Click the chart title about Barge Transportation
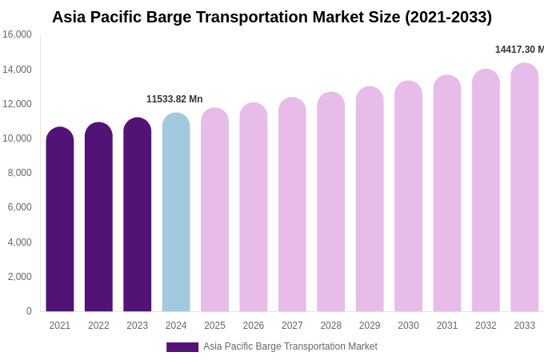point(272,17)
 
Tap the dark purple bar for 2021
point(60,219)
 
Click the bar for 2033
point(524,187)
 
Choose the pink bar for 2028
point(330,202)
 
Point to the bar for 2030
point(408,196)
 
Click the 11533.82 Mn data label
point(174,99)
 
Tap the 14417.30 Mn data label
point(519,50)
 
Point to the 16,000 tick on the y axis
point(17,34)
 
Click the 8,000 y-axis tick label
point(19,173)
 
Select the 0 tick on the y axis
point(29,311)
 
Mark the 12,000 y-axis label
point(17,104)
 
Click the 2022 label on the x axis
point(98,326)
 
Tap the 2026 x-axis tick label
point(254,326)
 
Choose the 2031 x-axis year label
point(447,326)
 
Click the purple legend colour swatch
point(182,347)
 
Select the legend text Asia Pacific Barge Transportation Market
point(290,346)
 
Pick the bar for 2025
point(214,210)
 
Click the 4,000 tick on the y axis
point(19,242)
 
